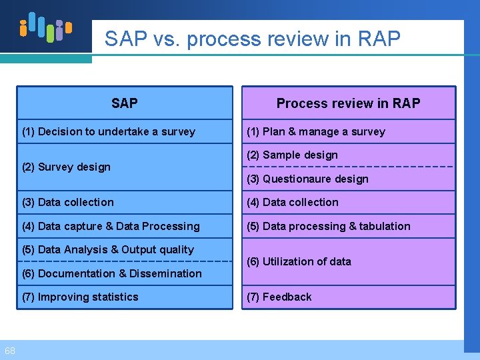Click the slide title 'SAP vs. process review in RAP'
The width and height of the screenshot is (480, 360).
[x=252, y=39]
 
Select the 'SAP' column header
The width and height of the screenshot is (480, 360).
[x=125, y=103]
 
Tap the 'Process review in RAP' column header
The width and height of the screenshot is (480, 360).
[x=348, y=103]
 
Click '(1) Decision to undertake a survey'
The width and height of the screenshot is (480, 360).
[x=109, y=132]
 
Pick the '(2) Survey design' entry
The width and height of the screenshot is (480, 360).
[x=66, y=167]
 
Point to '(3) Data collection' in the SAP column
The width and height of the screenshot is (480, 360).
[x=68, y=203]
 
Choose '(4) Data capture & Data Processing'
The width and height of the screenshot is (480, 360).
[x=111, y=227]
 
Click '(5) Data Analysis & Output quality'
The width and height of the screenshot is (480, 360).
[x=108, y=250]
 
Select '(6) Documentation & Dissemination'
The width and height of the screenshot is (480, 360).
[x=112, y=274]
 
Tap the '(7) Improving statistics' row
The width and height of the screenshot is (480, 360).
[x=80, y=297]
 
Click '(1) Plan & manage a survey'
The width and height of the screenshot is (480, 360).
[x=316, y=132]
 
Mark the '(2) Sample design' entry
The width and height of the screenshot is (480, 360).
[x=292, y=155]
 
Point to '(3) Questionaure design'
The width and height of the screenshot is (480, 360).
[x=307, y=179]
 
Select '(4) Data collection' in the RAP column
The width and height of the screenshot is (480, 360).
[x=293, y=203]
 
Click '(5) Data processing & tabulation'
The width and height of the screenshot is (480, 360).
[x=329, y=227]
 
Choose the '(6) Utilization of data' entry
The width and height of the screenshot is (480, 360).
[x=299, y=262]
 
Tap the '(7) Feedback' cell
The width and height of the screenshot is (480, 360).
[x=279, y=297]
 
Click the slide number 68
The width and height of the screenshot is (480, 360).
[x=10, y=351]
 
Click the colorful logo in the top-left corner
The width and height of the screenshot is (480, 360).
[x=45, y=27]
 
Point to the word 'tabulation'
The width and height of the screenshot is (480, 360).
[x=385, y=227]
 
